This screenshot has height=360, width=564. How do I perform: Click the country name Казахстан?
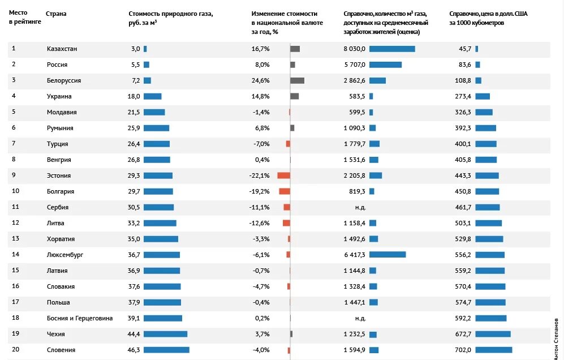(x=62, y=49)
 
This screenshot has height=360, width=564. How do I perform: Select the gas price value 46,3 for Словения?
(x=134, y=350)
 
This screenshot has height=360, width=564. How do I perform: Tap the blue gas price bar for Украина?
(x=152, y=96)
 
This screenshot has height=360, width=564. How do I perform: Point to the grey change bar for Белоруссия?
(x=297, y=80)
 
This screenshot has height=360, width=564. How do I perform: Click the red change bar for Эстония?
(x=283, y=175)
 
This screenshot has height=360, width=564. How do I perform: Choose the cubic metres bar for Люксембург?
(x=388, y=255)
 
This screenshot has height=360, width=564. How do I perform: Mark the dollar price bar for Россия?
(x=477, y=65)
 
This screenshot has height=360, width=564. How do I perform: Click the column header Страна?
(x=57, y=14)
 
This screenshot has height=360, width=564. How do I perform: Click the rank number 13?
(x=15, y=239)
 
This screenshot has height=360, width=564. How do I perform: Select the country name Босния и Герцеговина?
(x=80, y=318)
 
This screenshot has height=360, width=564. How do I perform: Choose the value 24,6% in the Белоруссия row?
(x=260, y=80)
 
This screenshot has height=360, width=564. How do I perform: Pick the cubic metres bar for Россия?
(x=385, y=65)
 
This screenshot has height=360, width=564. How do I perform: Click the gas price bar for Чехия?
(x=165, y=334)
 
